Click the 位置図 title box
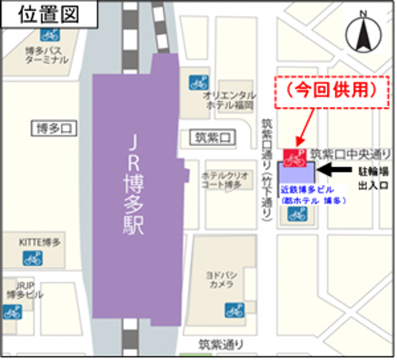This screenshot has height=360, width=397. [x=49, y=16]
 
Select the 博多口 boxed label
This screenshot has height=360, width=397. [x=54, y=129]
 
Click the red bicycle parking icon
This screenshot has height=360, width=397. [x=293, y=158]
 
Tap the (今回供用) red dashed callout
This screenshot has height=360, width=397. [x=332, y=92]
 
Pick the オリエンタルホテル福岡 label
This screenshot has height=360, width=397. [x=230, y=100]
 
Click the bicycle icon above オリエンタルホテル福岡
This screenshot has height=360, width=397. [x=199, y=83]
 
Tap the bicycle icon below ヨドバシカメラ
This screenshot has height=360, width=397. [x=234, y=310]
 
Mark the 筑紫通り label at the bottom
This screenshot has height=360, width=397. [x=221, y=343]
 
